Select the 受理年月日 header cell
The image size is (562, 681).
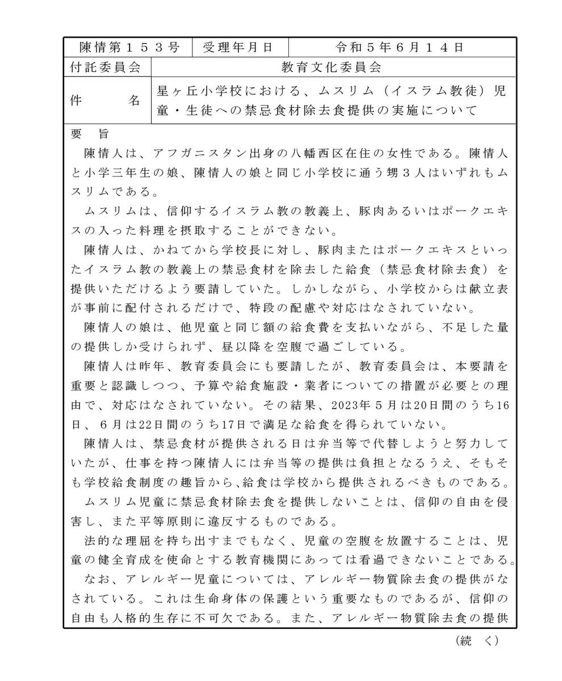point(240,47)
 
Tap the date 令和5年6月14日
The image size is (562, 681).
point(400,47)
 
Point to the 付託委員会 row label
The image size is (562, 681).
point(106,67)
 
